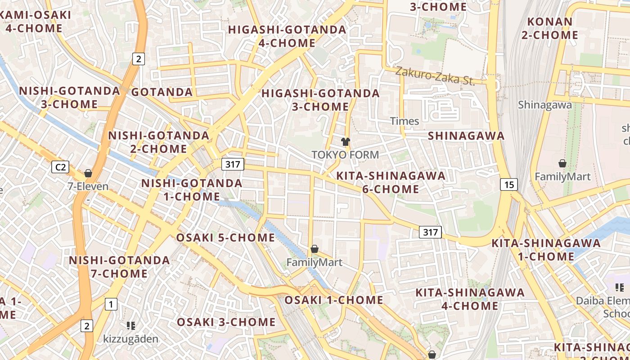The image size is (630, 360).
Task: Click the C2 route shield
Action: coord(60,167)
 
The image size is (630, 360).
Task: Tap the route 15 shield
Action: coord(508,184)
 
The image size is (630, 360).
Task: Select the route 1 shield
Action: coord(111,305)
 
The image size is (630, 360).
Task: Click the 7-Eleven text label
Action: coord(88,186)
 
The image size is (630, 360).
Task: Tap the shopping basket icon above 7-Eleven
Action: coord(88,173)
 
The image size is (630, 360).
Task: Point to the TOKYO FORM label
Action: coord(345,155)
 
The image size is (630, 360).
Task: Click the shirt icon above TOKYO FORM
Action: coord(345,142)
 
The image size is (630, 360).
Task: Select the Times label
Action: coord(405,121)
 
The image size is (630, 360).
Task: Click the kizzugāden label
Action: coord(131,339)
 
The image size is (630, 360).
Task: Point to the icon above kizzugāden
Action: coord(131,325)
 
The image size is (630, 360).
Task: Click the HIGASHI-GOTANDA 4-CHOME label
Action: coord(287,36)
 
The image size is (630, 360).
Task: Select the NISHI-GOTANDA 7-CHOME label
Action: coord(119,267)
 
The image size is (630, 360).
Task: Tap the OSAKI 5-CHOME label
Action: coord(225,238)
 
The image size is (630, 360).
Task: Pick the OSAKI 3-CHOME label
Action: coord(226,322)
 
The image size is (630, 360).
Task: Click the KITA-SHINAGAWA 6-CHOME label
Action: coord(391,182)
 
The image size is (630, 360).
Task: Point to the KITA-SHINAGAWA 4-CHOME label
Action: coord(470,299)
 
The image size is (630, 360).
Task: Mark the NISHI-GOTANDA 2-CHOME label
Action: coord(159,142)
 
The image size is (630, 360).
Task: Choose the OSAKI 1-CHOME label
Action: coord(333,300)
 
